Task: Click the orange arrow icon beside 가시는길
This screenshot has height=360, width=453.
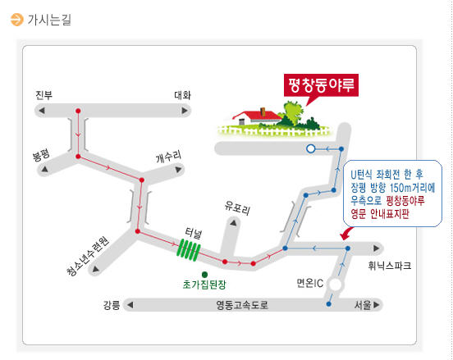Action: (16, 20)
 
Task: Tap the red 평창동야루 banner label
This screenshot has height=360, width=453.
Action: (321, 85)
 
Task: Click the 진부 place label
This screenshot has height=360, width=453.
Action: (44, 95)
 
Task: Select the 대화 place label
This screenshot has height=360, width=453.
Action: (182, 95)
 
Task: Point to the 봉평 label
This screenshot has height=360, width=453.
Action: (41, 155)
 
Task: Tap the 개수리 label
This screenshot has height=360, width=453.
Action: (169, 156)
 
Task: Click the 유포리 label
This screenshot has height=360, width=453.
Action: (237, 207)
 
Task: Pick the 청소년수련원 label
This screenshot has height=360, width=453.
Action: (88, 257)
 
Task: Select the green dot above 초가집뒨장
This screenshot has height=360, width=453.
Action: (204, 274)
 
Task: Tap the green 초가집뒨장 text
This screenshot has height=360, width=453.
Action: (204, 285)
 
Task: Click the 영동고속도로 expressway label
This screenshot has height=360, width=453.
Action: (242, 305)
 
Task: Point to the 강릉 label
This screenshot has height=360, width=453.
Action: (112, 305)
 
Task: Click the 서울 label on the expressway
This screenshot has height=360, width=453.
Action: (363, 305)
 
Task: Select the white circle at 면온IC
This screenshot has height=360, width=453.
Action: (336, 285)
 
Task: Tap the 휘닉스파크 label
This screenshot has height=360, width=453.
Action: (390, 266)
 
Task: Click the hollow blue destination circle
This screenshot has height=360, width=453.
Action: (310, 148)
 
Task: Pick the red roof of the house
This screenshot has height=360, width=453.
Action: (258, 115)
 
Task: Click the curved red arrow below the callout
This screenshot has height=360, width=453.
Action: (346, 234)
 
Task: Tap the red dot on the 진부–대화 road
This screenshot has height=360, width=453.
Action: (78, 111)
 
